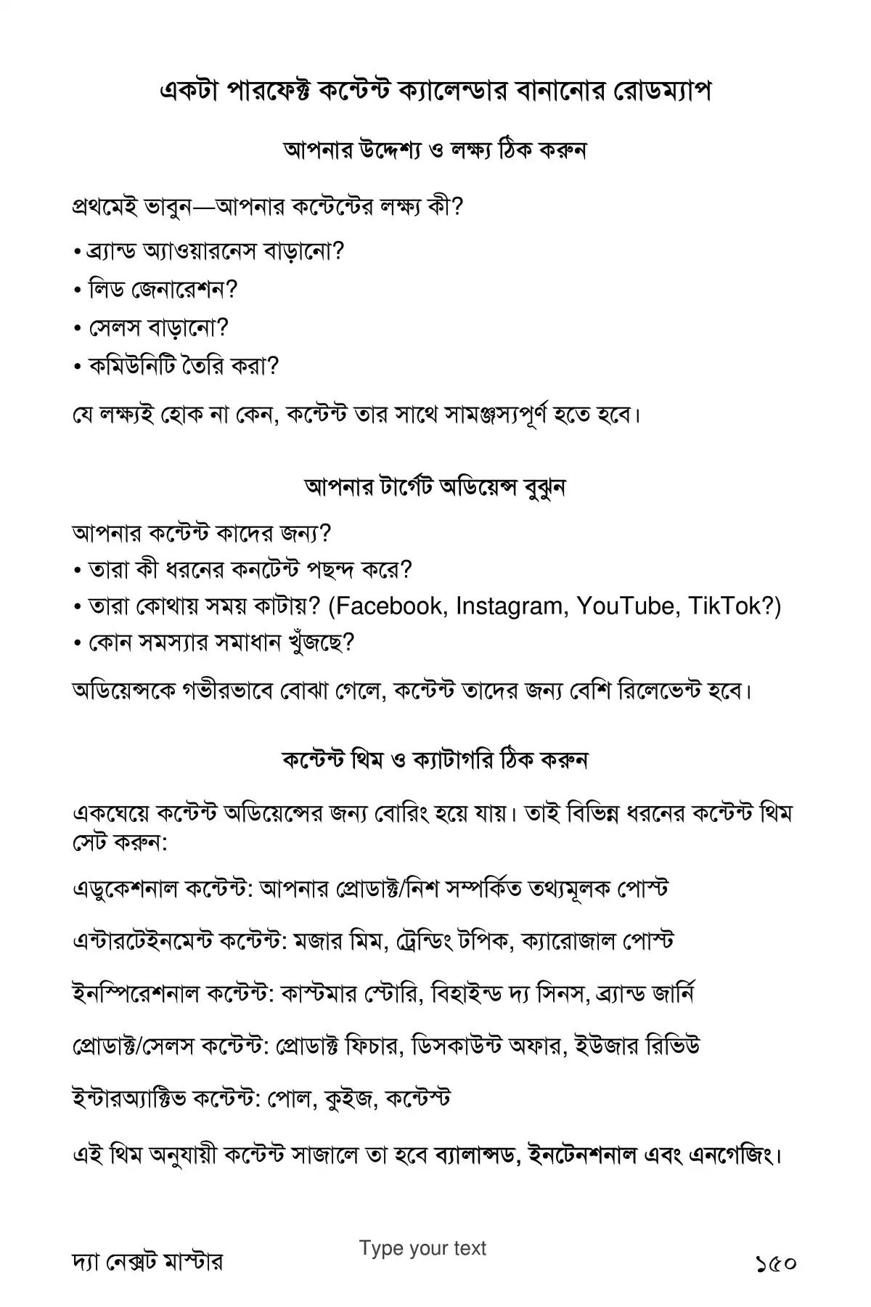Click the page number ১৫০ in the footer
coord(776,1262)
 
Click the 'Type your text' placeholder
coord(422,1248)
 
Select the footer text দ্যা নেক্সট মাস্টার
coord(147,1262)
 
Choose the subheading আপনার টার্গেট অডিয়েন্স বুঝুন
coord(435,487)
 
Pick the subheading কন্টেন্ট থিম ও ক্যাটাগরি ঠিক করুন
coord(435,760)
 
